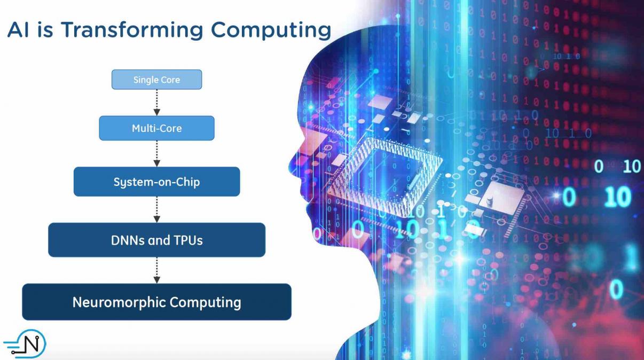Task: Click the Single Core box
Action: coord(156,80)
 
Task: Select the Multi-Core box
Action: coord(156,128)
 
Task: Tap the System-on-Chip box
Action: coord(156,182)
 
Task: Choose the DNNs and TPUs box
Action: coord(156,240)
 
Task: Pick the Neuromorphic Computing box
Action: coord(156,302)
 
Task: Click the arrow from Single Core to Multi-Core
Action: coord(156,103)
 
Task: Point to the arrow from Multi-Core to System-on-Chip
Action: coord(156,154)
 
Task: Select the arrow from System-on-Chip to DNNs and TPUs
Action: coord(156,209)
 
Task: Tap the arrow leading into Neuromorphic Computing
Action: coord(156,270)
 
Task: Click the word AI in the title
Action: coord(18,29)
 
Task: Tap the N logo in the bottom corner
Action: coord(25,344)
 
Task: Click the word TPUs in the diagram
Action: coord(189,240)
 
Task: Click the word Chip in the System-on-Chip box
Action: coord(189,182)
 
